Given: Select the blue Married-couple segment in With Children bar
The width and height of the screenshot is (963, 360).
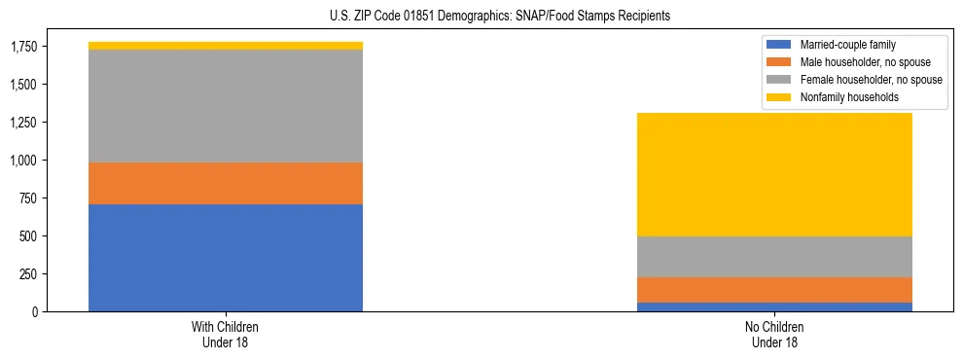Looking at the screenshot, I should click(x=226, y=258).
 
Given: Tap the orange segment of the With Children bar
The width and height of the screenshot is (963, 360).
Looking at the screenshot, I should click(x=226, y=183).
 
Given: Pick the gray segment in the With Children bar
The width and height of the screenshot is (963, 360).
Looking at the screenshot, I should click(x=226, y=106).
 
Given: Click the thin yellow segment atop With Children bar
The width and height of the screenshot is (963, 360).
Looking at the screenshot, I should click(x=226, y=46).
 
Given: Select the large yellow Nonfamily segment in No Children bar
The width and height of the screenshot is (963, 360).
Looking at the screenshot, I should click(x=774, y=175).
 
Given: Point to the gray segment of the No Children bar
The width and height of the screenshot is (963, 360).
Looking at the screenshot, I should click(x=774, y=257).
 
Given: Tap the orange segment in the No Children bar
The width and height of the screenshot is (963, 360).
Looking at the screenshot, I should click(x=774, y=290).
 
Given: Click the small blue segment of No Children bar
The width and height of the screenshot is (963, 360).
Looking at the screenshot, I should click(x=774, y=306).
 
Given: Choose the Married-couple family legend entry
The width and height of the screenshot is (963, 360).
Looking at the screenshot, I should click(x=853, y=45).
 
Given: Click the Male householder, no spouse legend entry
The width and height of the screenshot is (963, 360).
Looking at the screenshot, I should click(x=853, y=62).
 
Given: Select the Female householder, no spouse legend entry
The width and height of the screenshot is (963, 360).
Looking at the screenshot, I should click(x=853, y=80).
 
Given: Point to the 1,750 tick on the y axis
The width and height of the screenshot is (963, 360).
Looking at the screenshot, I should click(x=23, y=47).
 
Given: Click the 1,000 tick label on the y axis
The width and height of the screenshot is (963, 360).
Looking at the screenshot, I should click(x=23, y=161).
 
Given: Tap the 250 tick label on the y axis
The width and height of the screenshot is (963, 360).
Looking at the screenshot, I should click(x=29, y=274).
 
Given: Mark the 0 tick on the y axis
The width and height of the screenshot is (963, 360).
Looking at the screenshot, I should click(x=36, y=312).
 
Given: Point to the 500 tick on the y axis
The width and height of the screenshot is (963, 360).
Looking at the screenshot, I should click(x=29, y=236).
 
